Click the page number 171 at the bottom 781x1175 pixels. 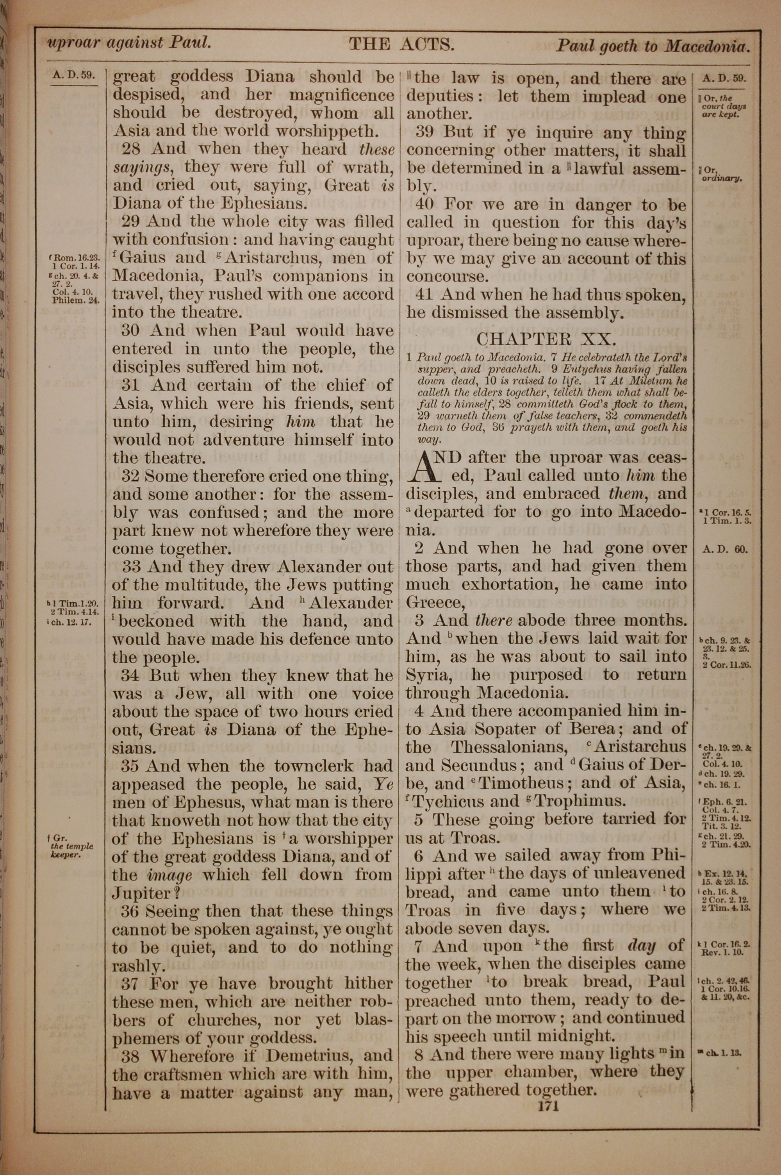click(x=546, y=1107)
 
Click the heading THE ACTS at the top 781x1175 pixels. click(x=401, y=45)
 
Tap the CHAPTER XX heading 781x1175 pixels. click(x=546, y=339)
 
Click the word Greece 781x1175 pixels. click(x=434, y=603)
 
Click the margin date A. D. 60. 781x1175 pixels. click(x=725, y=550)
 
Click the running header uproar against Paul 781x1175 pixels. click(x=128, y=43)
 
